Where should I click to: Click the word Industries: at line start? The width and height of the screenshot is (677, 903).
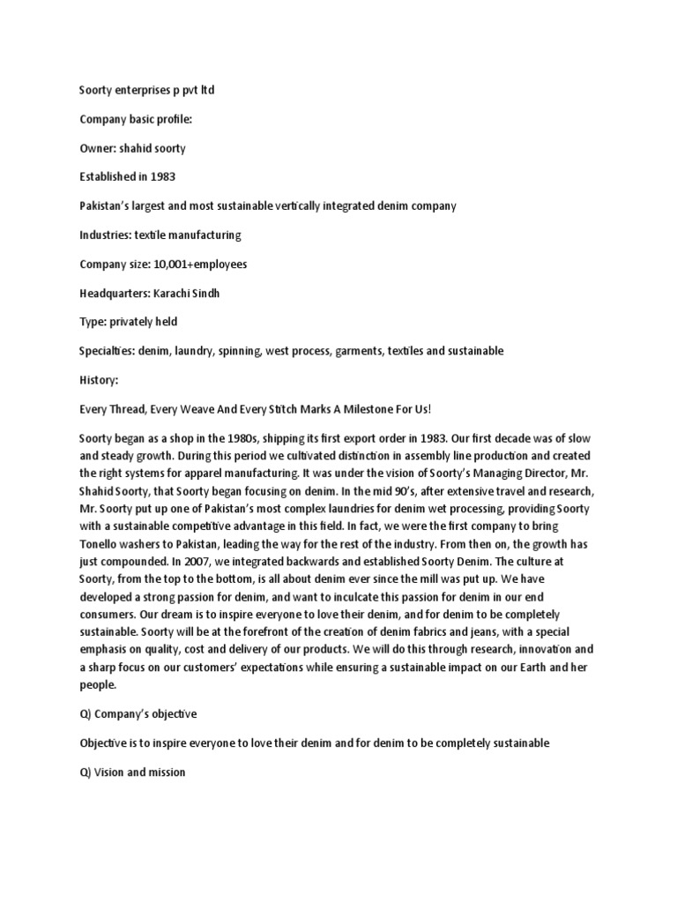[x=108, y=235]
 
